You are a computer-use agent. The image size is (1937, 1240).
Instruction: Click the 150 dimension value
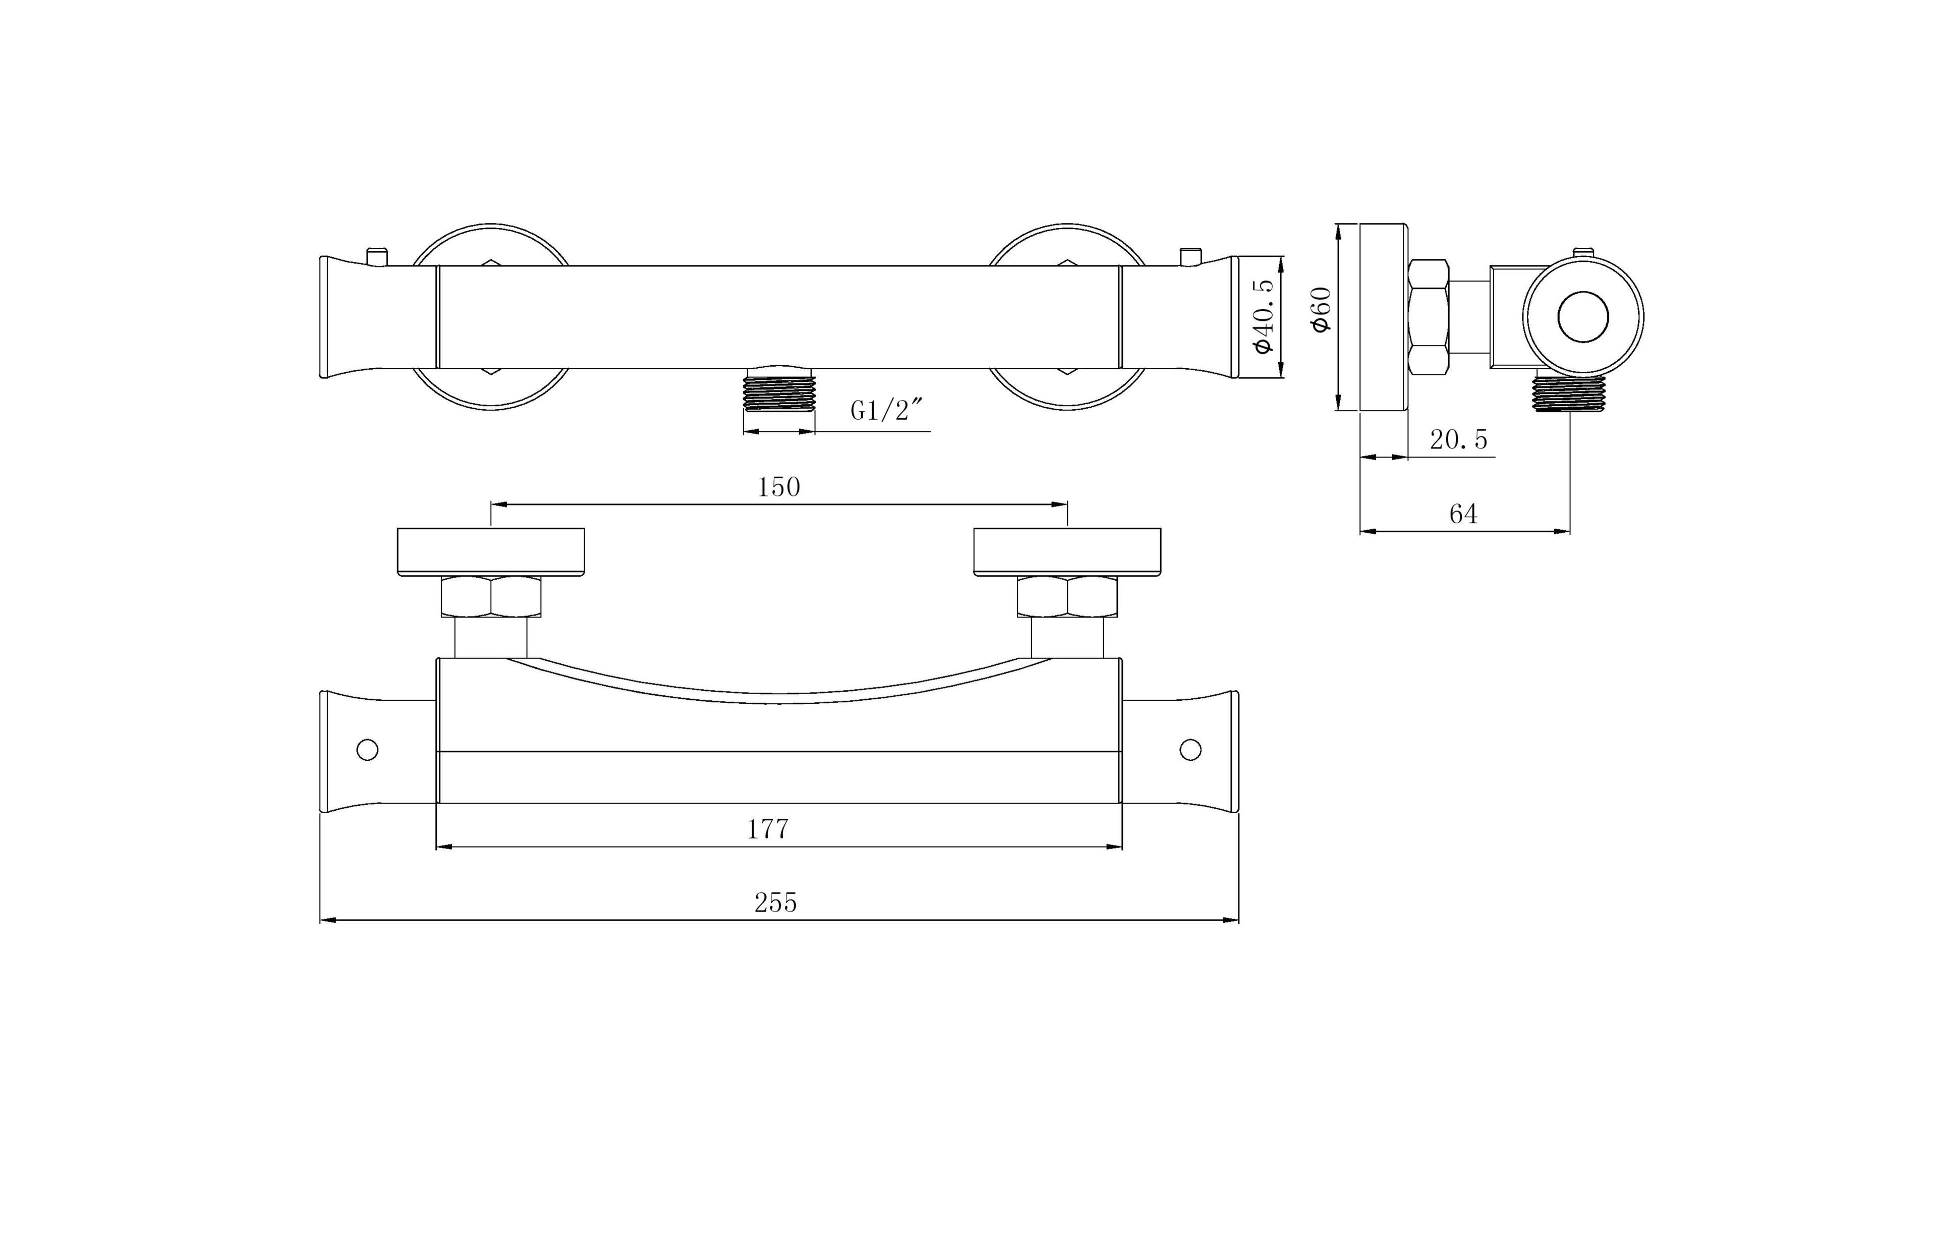click(778, 487)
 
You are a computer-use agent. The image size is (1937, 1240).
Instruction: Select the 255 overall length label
click(775, 903)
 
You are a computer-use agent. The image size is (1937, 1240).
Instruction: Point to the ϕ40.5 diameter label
click(1263, 316)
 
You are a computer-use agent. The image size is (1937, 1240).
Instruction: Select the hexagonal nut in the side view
click(1429, 317)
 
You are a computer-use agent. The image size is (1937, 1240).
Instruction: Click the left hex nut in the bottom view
click(491, 597)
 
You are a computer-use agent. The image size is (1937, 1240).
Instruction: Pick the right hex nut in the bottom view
click(1067, 597)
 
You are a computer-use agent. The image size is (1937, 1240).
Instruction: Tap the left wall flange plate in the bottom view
click(491, 551)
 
